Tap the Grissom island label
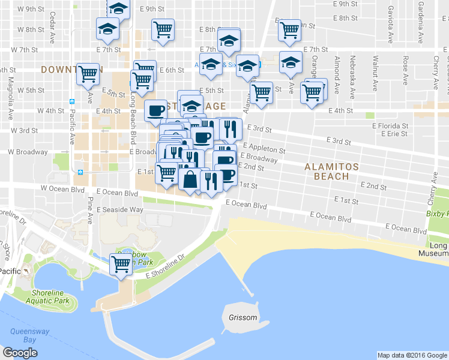tap(243, 317)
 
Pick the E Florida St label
tap(390, 127)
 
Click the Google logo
tap(20, 353)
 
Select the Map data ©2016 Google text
tap(412, 355)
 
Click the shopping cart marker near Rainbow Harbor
tap(121, 263)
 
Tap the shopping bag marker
tap(190, 179)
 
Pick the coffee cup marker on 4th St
tap(155, 110)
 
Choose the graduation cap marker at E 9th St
tap(119, 8)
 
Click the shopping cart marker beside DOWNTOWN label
tap(88, 74)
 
